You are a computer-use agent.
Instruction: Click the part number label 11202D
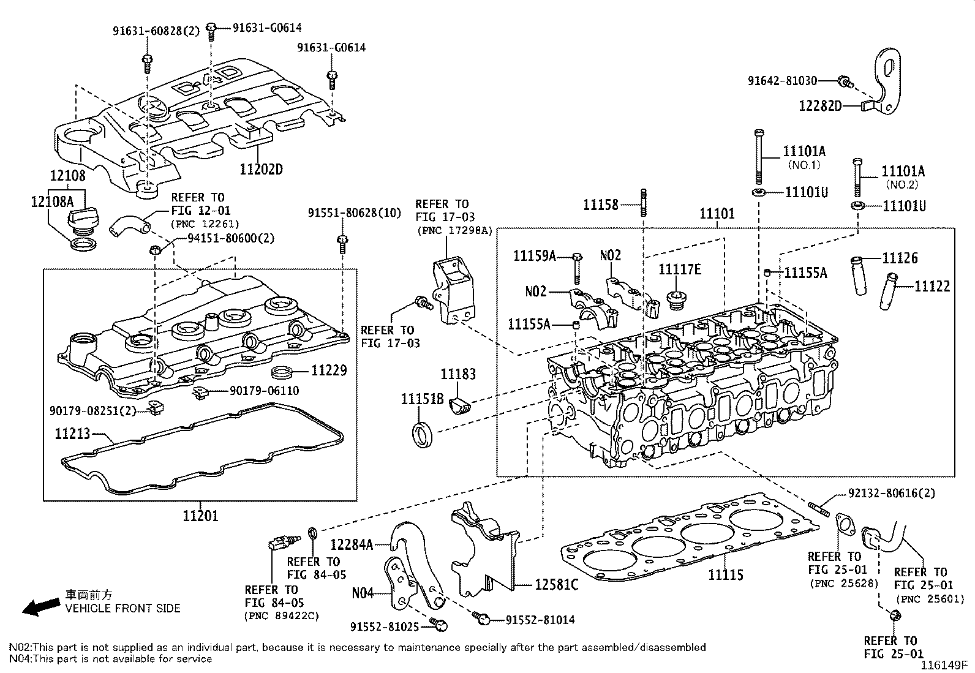click(262, 169)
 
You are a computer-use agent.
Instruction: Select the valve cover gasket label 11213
click(72, 434)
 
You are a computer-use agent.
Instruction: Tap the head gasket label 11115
click(726, 574)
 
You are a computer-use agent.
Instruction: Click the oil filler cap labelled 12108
click(81, 217)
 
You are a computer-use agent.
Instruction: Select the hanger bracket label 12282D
click(820, 105)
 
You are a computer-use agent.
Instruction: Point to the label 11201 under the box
click(200, 516)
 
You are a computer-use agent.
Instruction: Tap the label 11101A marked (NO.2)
click(903, 171)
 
